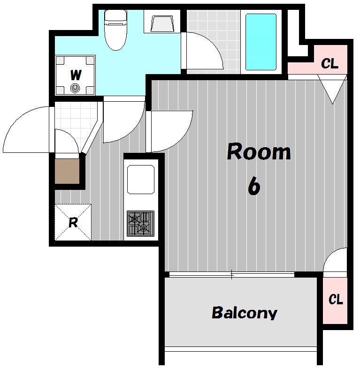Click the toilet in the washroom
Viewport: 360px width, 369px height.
coord(115,30)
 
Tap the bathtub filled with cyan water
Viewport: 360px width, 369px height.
coord(261,42)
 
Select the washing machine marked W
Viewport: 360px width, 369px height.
coord(76,75)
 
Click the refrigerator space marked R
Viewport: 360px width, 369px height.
coord(73,222)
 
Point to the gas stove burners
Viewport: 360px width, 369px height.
coord(140,223)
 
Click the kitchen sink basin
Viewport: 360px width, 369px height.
coord(141,179)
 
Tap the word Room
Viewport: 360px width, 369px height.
coord(259,151)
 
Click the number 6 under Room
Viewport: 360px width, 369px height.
coord(254,186)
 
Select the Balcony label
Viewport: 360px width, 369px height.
coord(245,313)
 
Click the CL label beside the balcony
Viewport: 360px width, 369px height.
coord(336,299)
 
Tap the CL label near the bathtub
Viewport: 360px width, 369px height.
coord(329,63)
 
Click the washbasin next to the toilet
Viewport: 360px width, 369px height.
coord(162,23)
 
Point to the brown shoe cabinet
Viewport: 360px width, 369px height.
coord(67,171)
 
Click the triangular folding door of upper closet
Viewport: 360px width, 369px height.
coord(332,90)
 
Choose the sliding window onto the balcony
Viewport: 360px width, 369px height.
coord(232,274)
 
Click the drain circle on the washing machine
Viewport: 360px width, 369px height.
coord(75,88)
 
